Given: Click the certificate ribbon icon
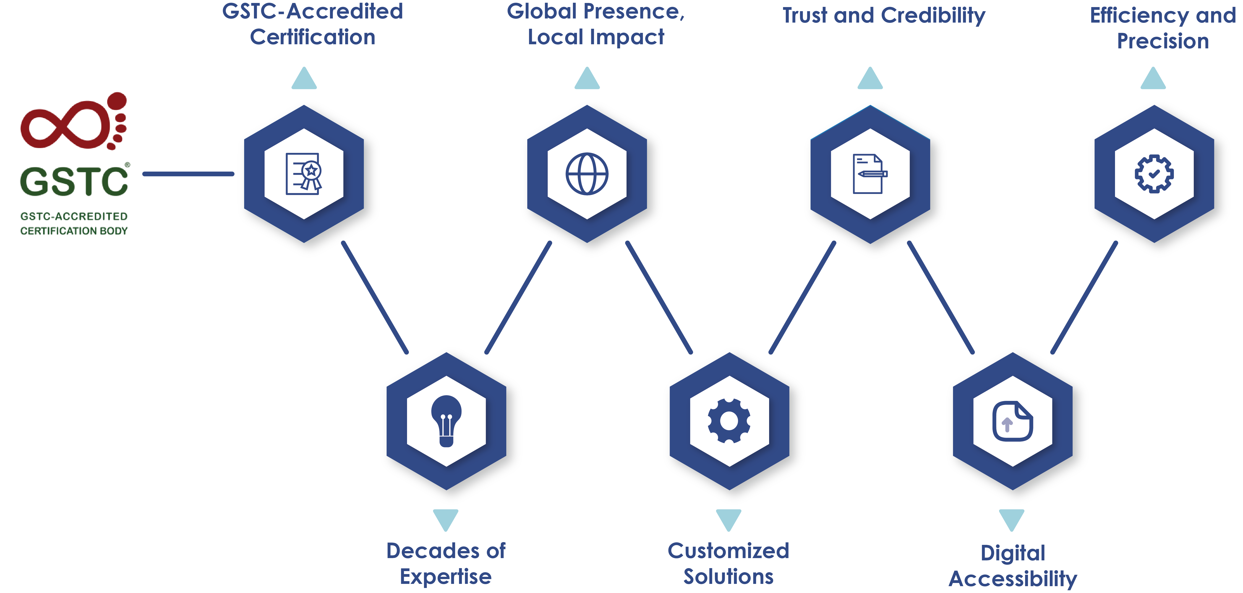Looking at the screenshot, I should click(303, 174).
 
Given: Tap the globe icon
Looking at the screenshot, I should click(587, 174).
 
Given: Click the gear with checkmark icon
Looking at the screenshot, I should click(1154, 174).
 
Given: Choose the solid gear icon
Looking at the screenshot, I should click(729, 421).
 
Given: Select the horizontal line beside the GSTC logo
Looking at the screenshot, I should click(188, 174).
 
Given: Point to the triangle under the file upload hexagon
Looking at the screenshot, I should click(1011, 519).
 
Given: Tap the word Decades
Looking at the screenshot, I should click(432, 551).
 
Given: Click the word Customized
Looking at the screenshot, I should click(728, 551).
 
